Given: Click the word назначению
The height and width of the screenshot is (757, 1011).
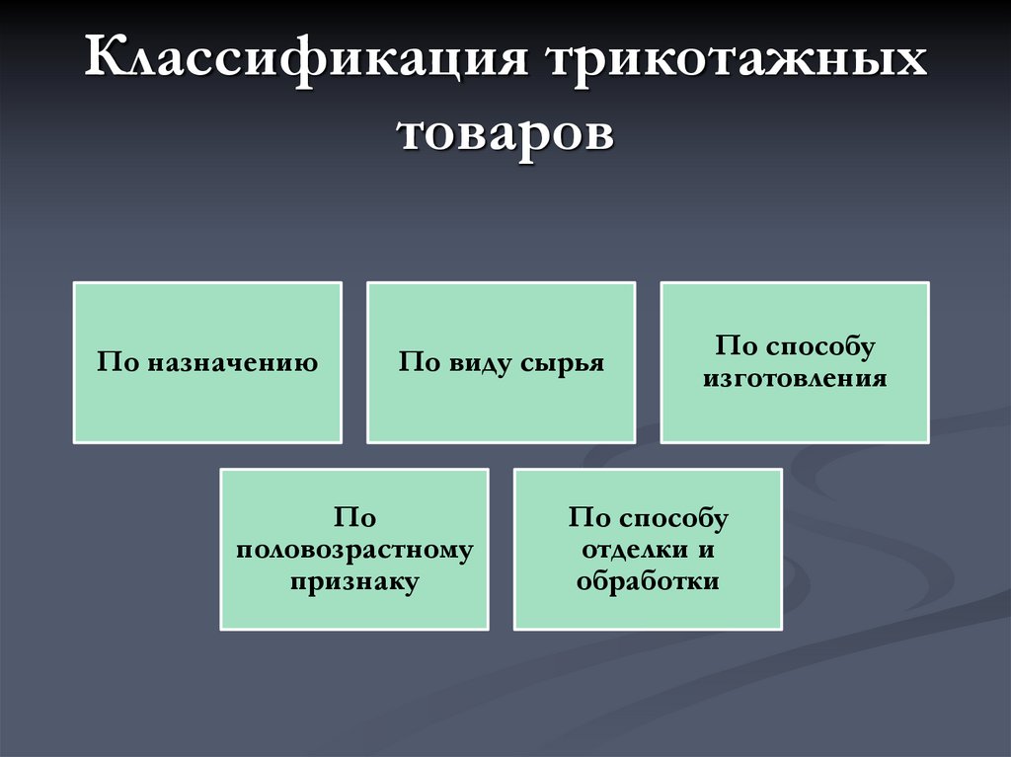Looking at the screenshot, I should (234, 362).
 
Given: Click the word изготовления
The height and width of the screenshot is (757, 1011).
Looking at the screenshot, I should (795, 378).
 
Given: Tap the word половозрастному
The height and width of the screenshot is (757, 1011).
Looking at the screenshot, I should (354, 550).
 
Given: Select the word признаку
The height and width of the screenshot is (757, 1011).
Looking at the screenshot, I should (354, 582).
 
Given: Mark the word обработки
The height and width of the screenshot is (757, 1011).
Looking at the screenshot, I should (648, 581).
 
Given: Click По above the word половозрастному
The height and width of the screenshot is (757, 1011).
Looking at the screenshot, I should (354, 518).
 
